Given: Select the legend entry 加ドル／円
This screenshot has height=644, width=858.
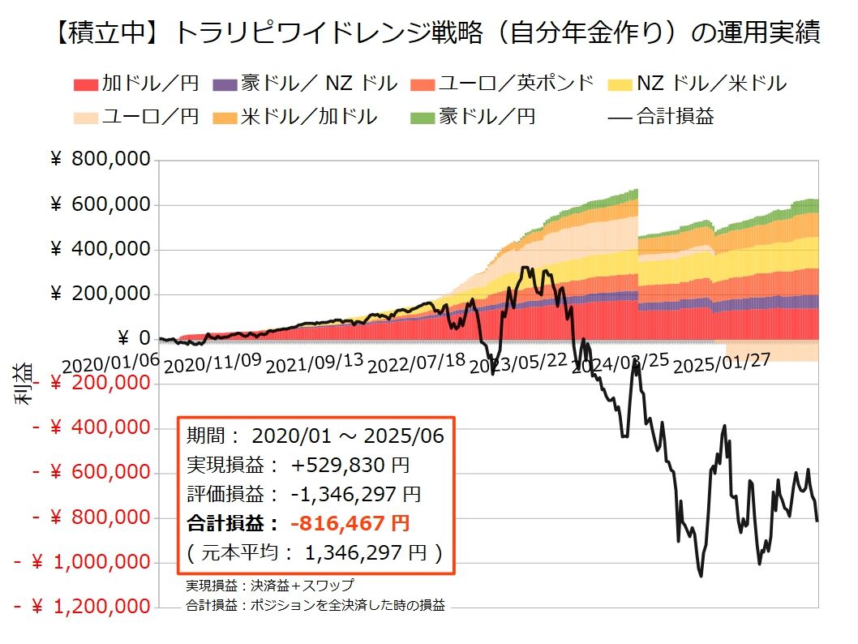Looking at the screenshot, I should point(138,83).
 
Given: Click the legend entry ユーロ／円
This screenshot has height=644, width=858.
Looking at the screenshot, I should point(138,116).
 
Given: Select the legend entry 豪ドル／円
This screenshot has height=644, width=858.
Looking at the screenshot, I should point(487,116).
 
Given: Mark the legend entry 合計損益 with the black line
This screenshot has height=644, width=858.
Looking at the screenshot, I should point(660,116).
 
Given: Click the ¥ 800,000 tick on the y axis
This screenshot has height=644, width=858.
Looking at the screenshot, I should point(101,160).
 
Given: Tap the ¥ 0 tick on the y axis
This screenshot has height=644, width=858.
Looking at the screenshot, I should point(133,338).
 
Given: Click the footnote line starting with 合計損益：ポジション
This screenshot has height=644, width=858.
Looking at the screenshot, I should point(315,604).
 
